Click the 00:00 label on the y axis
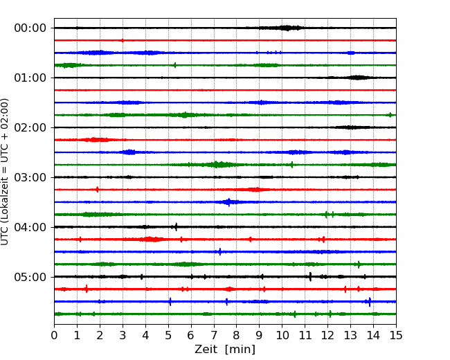tap(30, 28)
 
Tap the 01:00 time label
tap(30, 78)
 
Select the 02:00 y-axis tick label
tap(30, 128)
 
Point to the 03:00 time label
tap(30, 177)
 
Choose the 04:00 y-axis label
tap(30, 227)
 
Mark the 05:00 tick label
tap(30, 277)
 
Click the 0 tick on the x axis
tap(54, 335)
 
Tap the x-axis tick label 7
tap(214, 335)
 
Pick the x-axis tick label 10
tap(282, 335)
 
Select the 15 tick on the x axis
tap(396, 335)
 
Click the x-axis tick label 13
tap(350, 335)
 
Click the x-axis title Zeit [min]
tap(225, 350)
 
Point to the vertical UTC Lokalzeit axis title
tap(4, 172)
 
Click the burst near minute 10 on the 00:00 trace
tap(285, 28)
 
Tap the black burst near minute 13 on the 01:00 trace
tap(357, 78)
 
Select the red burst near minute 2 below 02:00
tap(95, 140)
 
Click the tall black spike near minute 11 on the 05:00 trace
tap(310, 276)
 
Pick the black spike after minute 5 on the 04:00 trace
tap(176, 227)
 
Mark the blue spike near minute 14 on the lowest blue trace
tap(370, 302)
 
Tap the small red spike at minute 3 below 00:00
tap(123, 40)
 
